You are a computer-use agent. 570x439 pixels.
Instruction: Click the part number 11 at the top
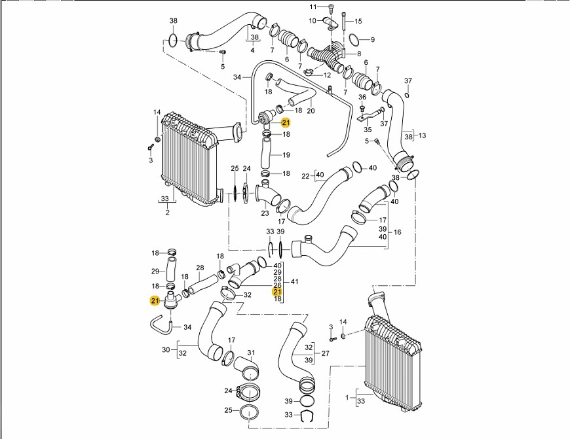coord(313,7)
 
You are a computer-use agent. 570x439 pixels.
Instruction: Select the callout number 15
coord(358,22)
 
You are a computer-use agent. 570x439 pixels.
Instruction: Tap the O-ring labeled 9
coord(354,39)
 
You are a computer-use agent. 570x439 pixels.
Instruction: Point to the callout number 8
coord(359,53)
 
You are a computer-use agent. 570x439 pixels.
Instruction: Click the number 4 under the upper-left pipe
coord(252,50)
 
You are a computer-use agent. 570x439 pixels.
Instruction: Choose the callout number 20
coord(311,111)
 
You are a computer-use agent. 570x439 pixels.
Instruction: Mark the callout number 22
coord(305,176)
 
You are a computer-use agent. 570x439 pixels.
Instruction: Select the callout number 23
coord(265,213)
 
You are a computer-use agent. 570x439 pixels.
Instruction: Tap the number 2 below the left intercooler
coord(167,212)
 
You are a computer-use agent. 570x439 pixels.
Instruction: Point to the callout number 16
coord(397,232)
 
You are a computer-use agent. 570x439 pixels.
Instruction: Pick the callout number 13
coord(423,135)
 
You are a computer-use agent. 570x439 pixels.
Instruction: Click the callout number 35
coord(368,130)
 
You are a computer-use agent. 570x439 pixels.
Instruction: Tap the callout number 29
coord(155,271)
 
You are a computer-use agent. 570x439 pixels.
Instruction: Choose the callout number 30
coord(166,350)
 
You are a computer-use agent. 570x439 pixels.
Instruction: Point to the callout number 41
coord(295,281)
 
